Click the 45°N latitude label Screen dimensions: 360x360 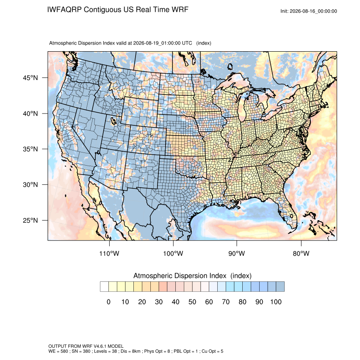pos(30,78)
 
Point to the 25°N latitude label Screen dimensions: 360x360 pos(30,220)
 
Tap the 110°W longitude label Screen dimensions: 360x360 pos(109,253)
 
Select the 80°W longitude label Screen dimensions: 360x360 pos(301,253)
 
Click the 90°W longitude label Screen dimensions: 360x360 pos(236,253)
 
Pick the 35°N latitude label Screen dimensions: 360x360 pos(30,149)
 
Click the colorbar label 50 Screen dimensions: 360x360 pos(192,302)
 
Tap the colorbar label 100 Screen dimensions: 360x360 pos(276,302)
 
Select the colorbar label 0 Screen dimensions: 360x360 pos(108,302)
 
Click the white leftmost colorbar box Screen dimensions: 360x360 pos(104,287)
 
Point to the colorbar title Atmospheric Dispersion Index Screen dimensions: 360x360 pos(180,276)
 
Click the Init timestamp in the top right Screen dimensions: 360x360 pos(309,11)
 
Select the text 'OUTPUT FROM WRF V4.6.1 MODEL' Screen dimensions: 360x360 pos(86,346)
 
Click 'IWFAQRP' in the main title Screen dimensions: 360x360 pos(64,10)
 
